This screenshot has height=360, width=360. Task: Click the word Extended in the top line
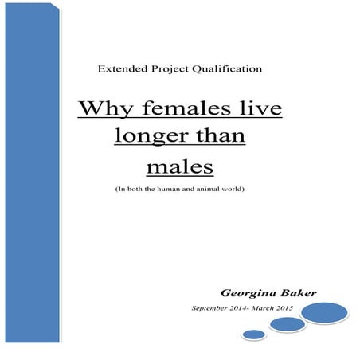point(119,70)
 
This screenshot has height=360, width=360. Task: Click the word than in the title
point(221,137)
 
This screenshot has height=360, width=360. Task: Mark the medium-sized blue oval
point(288,325)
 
